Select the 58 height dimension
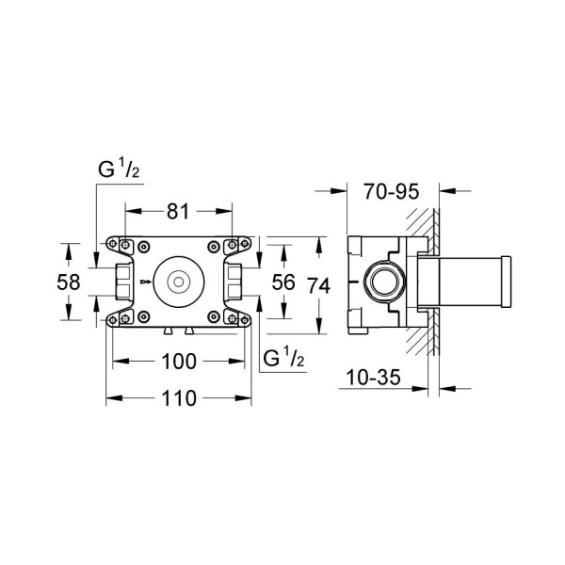pos(66,282)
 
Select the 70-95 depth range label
pos(390,192)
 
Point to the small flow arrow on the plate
pos(143,281)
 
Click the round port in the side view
pos(382,282)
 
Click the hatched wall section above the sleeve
pos(428,226)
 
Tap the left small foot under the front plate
pos(166,331)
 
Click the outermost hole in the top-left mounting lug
pos(111,243)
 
